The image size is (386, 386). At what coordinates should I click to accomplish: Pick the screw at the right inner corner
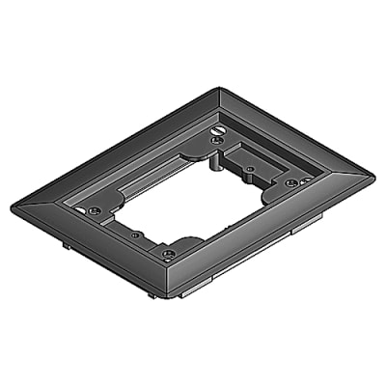coord(290,180)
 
